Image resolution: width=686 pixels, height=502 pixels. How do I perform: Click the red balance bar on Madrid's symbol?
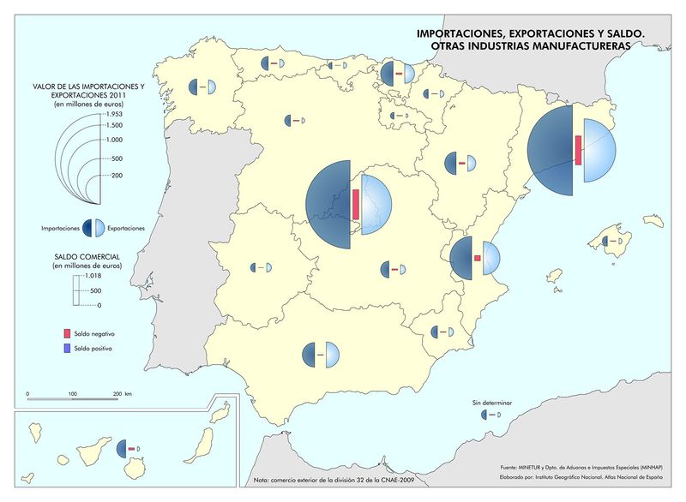(x=355, y=204)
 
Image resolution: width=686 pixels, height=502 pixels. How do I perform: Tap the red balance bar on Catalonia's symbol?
(x=579, y=150)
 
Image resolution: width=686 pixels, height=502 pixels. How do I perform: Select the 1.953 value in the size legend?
(x=114, y=114)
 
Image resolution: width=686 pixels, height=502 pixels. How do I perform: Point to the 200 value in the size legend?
(x=117, y=176)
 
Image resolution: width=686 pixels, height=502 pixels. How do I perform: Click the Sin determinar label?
(x=491, y=402)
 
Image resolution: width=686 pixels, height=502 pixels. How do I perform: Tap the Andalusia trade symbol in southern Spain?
(x=321, y=354)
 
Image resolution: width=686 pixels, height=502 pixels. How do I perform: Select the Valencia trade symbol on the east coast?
(x=476, y=258)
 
